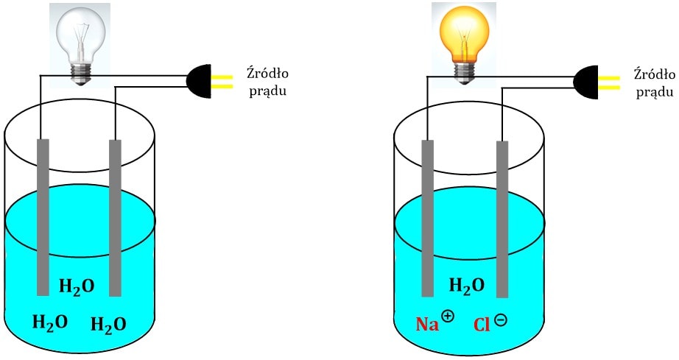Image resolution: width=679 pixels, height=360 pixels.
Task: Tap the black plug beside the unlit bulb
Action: [199, 81]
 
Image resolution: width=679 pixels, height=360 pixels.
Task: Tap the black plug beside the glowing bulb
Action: [585, 82]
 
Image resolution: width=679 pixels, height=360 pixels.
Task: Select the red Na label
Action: [427, 324]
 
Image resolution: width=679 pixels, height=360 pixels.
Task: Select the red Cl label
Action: [481, 325]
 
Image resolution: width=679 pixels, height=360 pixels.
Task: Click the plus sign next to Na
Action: [448, 316]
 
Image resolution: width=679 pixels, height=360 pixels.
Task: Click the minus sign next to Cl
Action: [500, 320]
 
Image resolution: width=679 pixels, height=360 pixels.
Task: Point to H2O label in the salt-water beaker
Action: [466, 286]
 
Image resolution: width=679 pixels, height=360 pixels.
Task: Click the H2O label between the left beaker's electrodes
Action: [76, 286]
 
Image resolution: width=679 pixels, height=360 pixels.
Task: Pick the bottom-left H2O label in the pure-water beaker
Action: [50, 322]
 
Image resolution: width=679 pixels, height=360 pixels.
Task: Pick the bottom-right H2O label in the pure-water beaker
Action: [108, 324]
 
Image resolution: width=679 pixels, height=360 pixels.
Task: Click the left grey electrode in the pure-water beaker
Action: [43, 217]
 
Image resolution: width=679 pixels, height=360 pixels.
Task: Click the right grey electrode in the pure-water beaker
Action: [115, 218]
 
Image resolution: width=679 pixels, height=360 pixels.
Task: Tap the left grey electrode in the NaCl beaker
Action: [427, 219]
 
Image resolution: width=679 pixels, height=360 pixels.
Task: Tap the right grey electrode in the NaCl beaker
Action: [502, 219]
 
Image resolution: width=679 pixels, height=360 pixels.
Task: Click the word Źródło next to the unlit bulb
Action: [267, 73]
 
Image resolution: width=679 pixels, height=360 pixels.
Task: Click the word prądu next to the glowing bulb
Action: [655, 93]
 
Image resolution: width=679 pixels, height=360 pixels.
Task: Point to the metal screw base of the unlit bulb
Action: [81, 74]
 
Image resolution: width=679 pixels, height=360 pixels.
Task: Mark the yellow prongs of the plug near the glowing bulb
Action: [609, 83]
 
